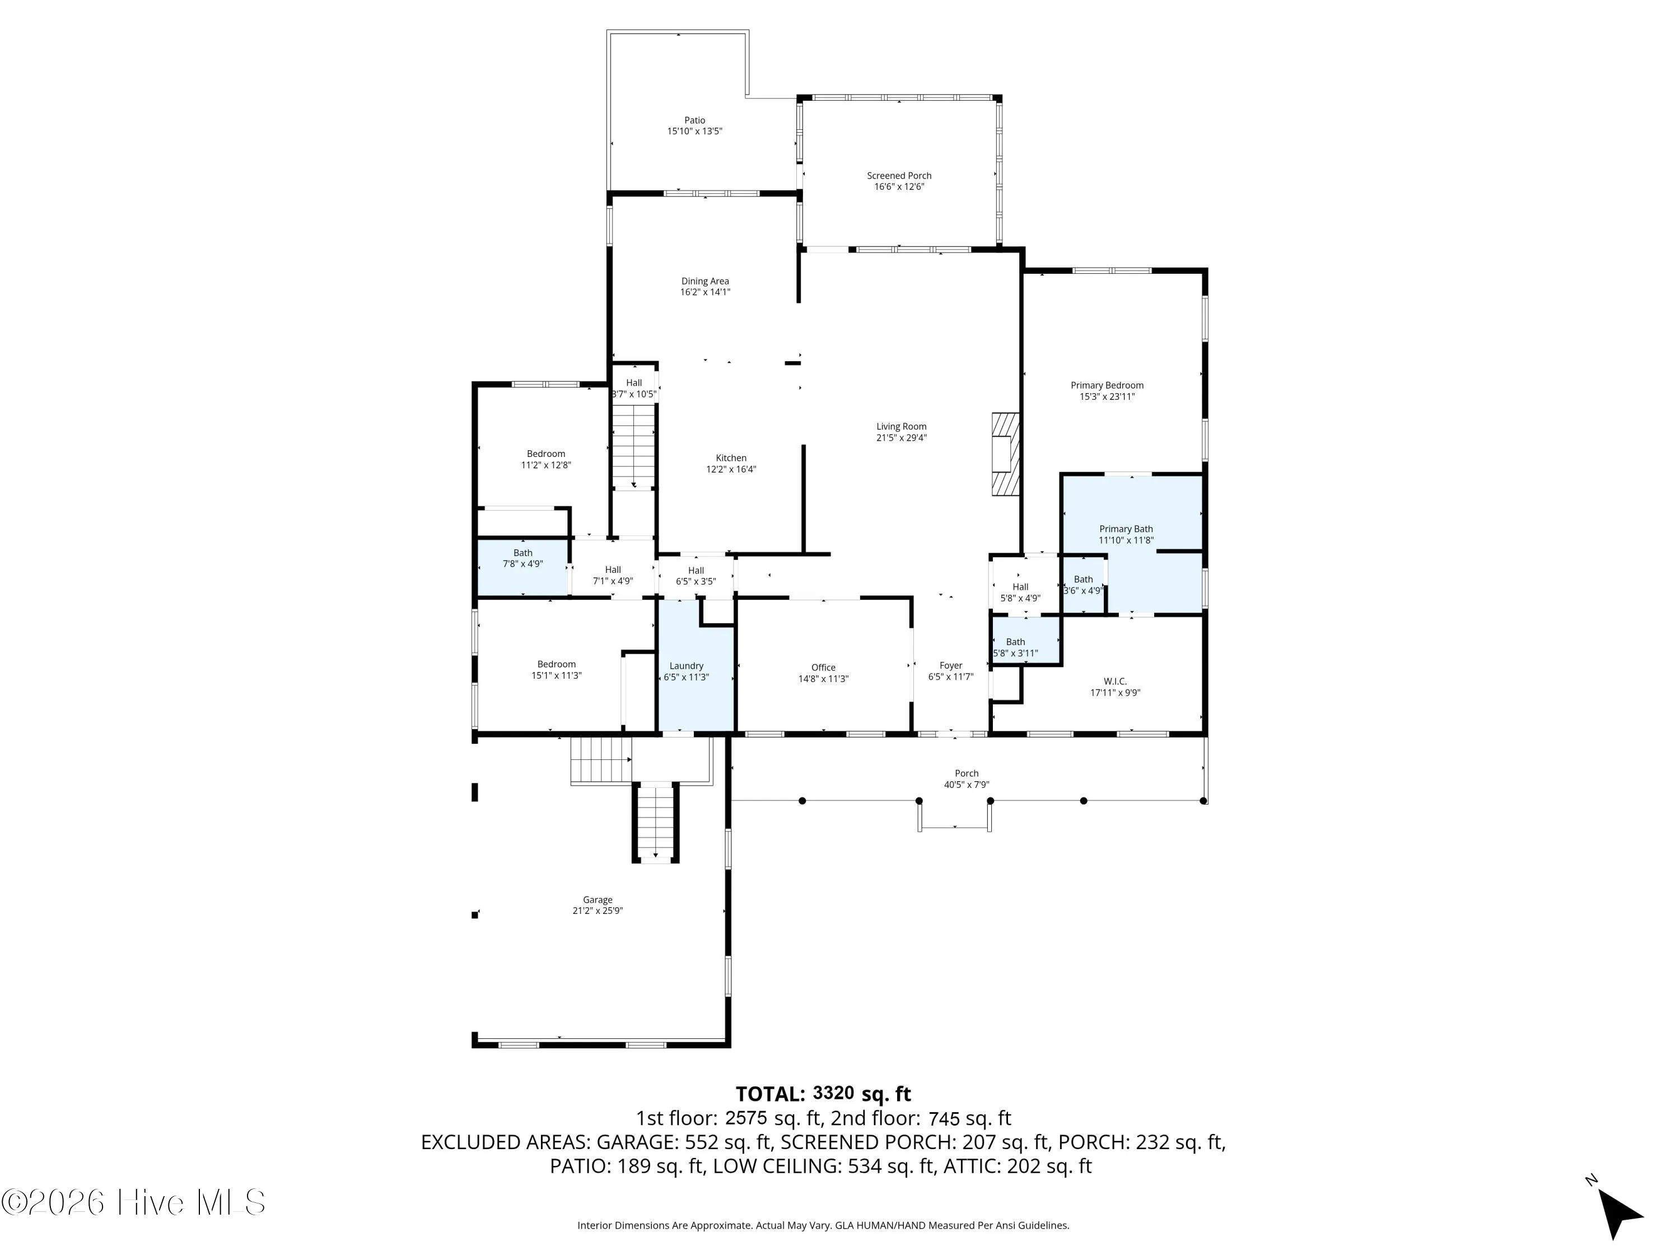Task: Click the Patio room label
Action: coord(694,120)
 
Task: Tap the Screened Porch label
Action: coord(899,175)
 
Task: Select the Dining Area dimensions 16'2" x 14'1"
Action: coord(705,292)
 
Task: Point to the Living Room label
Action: coord(902,427)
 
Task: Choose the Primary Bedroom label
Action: coord(1107,385)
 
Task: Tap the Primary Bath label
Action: coord(1126,529)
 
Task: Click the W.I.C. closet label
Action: coord(1116,682)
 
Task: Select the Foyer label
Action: coord(951,665)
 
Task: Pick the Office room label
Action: coord(823,668)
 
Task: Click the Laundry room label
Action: coord(687,666)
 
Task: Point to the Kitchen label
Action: coord(731,458)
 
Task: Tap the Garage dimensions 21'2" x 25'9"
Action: coord(598,911)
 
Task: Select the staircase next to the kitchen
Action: coord(634,446)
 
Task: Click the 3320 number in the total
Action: coord(833,1094)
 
